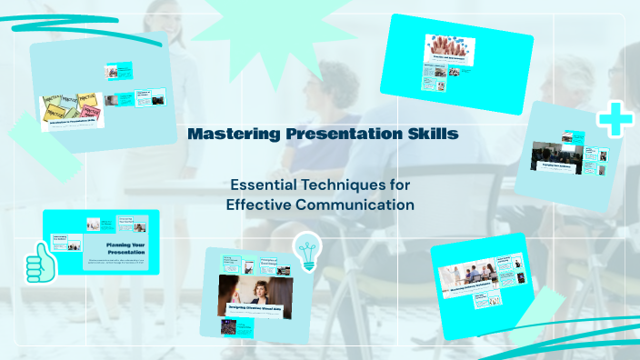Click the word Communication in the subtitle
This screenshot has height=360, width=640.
(362, 205)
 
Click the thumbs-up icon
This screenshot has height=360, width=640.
(39, 263)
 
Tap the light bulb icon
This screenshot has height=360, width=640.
(307, 251)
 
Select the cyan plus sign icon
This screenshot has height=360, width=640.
(614, 120)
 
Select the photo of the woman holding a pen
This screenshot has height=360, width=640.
(255, 293)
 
